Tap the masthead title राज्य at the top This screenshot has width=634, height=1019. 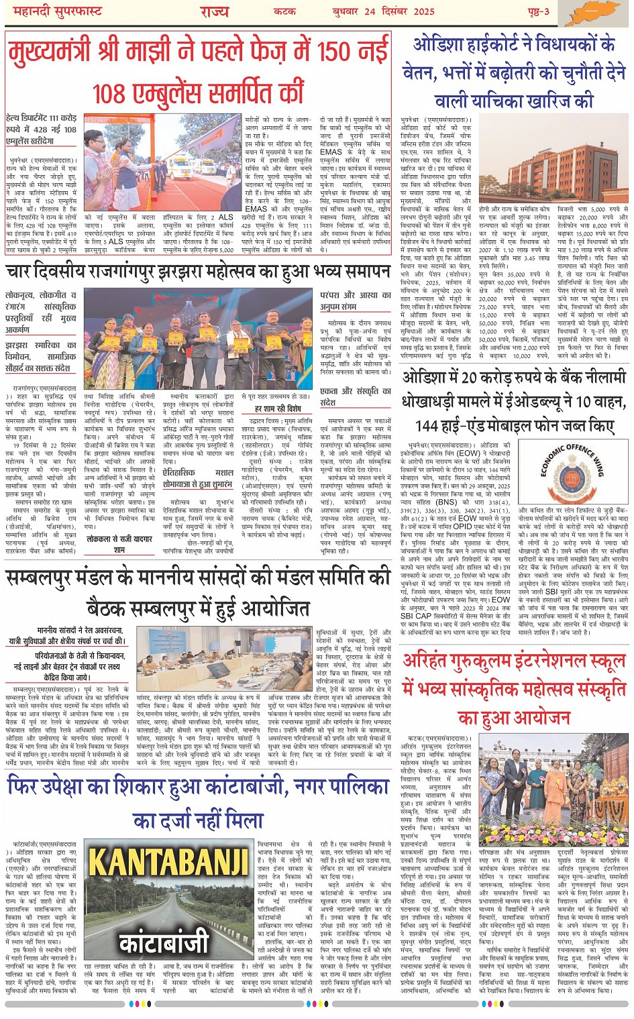click(x=214, y=11)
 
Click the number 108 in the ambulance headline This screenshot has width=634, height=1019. click(x=109, y=93)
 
